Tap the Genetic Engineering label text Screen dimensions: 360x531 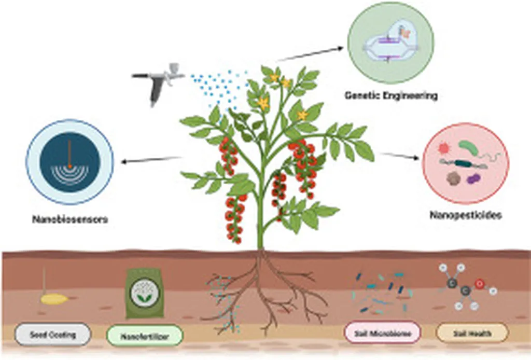coord(391,95)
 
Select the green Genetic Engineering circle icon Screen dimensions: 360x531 coord(390,43)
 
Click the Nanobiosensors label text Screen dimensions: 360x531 coord(69,219)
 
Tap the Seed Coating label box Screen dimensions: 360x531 coord(52,335)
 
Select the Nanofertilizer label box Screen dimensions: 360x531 coord(145,336)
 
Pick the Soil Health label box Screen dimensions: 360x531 coord(470,334)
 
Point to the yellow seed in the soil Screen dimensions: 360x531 coord(54,299)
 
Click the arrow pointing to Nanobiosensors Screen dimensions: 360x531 coord(150,160)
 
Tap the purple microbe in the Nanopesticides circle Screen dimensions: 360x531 coord(473,179)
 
